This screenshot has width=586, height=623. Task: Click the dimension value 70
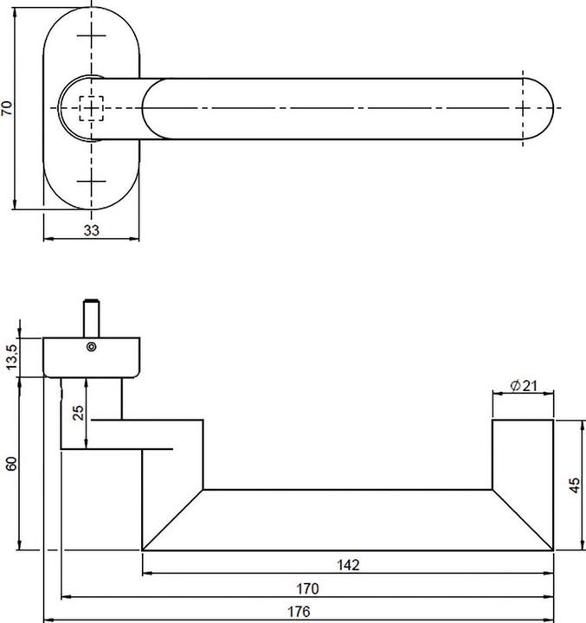coord(7,108)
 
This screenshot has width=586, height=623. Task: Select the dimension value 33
coord(92,230)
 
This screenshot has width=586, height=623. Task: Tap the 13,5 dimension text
coord(11,356)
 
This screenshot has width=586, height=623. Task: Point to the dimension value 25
coord(79,413)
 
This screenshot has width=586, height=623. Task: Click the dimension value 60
coord(11,464)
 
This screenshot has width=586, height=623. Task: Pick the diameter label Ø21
coord(523,385)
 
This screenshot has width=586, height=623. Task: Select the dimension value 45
coord(575,485)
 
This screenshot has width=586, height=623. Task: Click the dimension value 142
coord(348,564)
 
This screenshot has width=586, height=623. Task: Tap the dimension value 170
coord(307,588)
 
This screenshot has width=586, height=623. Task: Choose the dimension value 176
coord(299,611)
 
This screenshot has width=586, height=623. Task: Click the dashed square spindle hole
coord(92,108)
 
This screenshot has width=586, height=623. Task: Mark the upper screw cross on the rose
coord(92,35)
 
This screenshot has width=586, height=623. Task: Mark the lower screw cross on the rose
coord(92,181)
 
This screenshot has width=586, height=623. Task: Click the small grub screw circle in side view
coord(92,347)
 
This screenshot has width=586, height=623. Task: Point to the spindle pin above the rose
coord(92,318)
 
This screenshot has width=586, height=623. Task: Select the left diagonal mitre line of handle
coord(173,520)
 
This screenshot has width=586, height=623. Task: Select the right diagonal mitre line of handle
coord(523,520)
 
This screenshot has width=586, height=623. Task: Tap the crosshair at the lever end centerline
coord(523,108)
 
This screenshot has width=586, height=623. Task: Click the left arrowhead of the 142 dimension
coord(147,574)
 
